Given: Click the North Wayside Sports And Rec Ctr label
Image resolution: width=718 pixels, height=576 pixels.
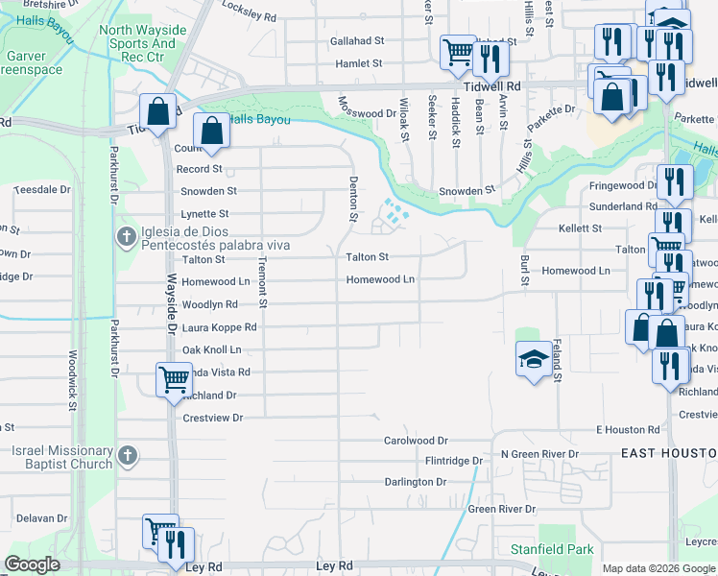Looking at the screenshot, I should click(x=142, y=43).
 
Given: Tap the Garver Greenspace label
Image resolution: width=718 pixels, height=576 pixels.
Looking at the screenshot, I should click(x=32, y=63).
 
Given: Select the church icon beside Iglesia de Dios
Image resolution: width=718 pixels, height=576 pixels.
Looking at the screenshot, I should click(x=125, y=236).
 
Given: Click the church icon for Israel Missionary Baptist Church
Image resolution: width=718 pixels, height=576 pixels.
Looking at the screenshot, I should click(x=125, y=458).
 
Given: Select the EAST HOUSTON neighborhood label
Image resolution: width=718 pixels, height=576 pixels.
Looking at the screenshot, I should click(x=668, y=452).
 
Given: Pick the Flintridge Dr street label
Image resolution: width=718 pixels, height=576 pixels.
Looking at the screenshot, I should click(x=454, y=461).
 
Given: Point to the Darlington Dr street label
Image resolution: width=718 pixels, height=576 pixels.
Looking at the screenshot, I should click(x=416, y=482).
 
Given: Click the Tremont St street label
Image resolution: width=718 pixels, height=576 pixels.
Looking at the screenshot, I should click(x=260, y=284).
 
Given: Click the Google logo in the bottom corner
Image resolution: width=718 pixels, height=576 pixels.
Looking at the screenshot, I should click(x=32, y=564).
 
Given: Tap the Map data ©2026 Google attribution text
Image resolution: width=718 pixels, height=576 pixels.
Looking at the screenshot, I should click(x=658, y=568).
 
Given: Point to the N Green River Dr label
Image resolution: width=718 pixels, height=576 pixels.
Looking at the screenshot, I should click(x=539, y=453).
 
